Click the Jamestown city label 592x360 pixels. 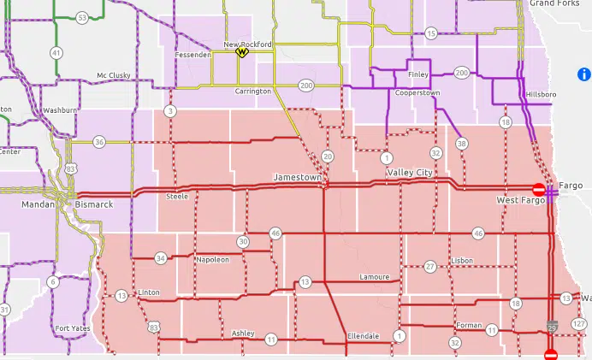[297, 177]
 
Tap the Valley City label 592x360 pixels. [410, 173]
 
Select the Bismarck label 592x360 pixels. [94, 204]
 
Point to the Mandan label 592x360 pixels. [37, 204]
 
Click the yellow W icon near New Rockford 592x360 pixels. [242, 52]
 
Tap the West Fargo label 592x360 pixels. [519, 199]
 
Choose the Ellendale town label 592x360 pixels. [363, 336]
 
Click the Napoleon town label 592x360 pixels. [212, 259]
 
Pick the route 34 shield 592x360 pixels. [161, 258]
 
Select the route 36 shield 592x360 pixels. [99, 142]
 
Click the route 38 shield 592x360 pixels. [462, 143]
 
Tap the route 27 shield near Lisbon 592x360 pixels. [430, 267]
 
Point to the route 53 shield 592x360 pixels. [82, 17]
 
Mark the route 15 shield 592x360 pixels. [431, 33]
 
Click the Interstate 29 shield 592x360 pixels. [554, 326]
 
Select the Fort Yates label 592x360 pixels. [73, 328]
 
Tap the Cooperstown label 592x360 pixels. [418, 92]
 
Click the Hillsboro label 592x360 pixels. [541, 93]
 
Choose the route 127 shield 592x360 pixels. [579, 323]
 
